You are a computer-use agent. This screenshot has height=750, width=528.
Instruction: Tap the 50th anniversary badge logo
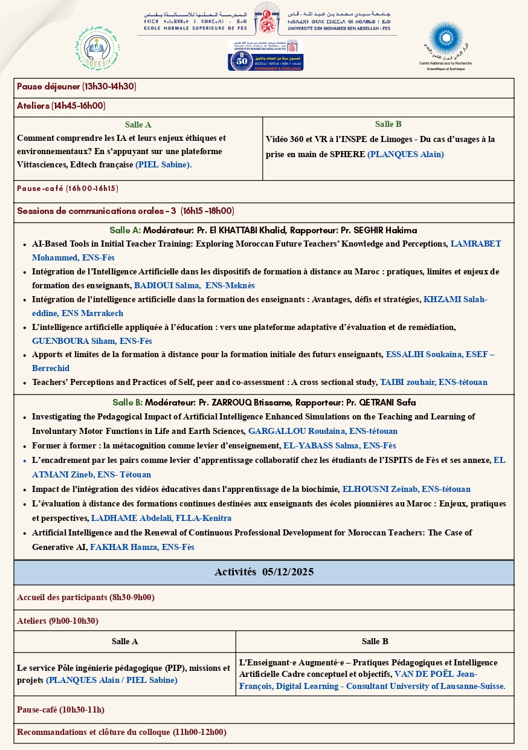pyautogui.click(x=266, y=56)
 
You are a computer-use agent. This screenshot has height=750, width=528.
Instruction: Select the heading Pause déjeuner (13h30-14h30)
pyautogui.click(x=77, y=87)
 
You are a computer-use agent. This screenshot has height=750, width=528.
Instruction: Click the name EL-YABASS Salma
pyautogui.click(x=315, y=445)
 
